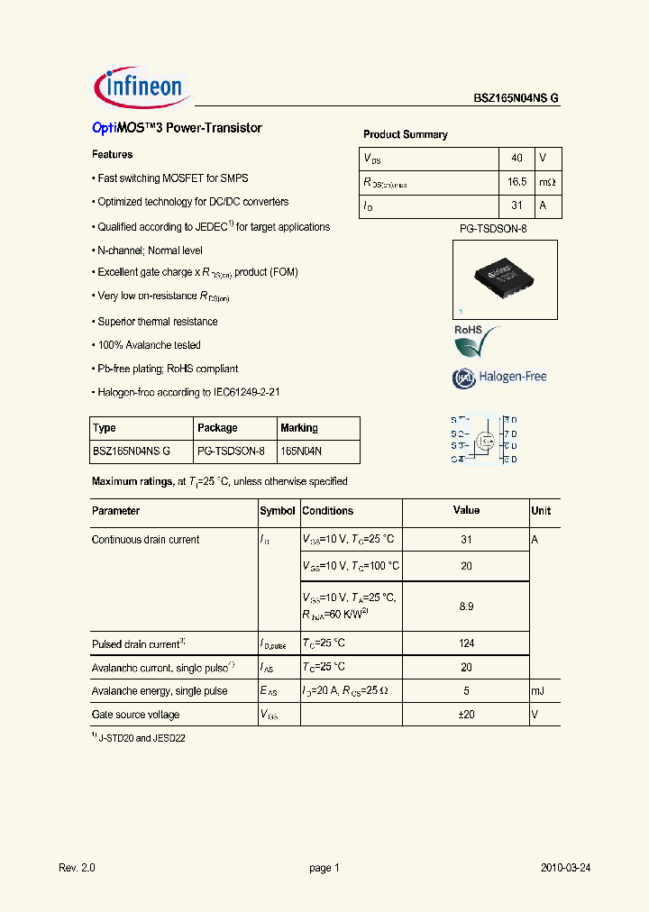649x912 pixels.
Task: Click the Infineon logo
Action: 139,87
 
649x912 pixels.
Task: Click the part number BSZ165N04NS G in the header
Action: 516,99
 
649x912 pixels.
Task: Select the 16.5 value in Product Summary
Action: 516,182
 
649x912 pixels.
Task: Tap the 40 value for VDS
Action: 516,158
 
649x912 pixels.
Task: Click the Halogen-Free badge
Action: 499,378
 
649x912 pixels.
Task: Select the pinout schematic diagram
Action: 484,440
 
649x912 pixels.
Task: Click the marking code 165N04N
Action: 301,451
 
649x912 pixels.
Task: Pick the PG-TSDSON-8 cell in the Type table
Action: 231,451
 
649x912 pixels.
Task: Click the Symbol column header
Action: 278,511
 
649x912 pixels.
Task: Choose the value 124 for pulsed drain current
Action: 466,644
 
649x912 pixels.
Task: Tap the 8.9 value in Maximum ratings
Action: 466,607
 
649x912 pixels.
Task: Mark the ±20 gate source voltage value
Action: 466,715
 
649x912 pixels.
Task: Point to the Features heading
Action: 113,155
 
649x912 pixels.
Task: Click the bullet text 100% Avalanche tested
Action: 149,345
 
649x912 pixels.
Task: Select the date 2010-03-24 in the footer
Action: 565,868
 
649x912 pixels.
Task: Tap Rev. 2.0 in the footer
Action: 77,868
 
